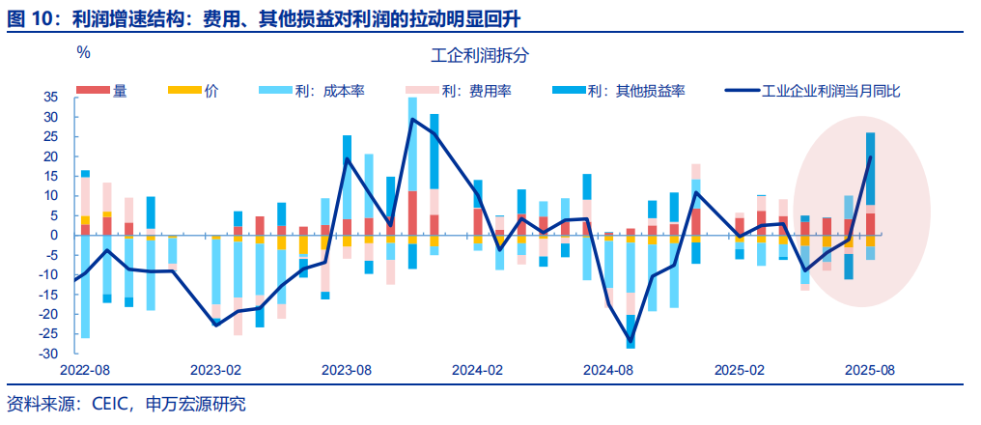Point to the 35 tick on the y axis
[x=51, y=98]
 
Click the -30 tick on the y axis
[x=49, y=354]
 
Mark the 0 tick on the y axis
[x=55, y=236]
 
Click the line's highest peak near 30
[x=412, y=119]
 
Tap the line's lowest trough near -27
[x=631, y=343]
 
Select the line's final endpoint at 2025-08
[x=871, y=156]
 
